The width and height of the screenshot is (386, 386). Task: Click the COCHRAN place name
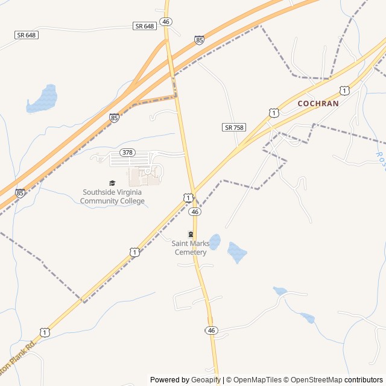tap(318, 103)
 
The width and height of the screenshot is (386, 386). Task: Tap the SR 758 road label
tap(234, 127)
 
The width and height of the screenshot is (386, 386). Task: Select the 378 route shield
tap(127, 152)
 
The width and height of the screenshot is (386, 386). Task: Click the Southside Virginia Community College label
tap(113, 197)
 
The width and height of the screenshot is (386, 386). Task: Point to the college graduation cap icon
tap(112, 183)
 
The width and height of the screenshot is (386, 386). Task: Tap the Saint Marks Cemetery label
tap(191, 248)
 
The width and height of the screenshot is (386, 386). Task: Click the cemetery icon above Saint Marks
tap(191, 234)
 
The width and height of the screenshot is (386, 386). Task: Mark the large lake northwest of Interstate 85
tap(43, 99)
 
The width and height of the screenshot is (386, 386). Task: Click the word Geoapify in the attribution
tap(206, 380)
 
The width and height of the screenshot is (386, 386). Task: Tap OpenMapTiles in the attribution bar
tap(258, 380)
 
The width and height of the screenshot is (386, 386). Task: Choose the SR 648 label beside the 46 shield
tap(145, 26)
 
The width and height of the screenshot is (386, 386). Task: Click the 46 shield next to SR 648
tap(166, 22)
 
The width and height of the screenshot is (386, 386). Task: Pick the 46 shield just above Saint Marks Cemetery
tap(194, 212)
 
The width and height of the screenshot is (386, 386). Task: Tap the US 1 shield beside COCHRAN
tap(274, 113)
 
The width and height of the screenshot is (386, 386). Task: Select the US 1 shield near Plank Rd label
tap(45, 332)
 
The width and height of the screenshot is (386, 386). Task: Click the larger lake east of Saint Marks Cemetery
tap(237, 252)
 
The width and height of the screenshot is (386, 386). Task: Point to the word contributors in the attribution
tap(364, 380)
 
